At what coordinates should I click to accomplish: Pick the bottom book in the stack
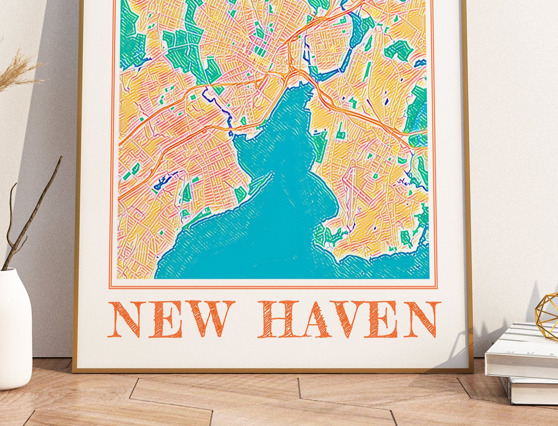click(529, 390)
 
